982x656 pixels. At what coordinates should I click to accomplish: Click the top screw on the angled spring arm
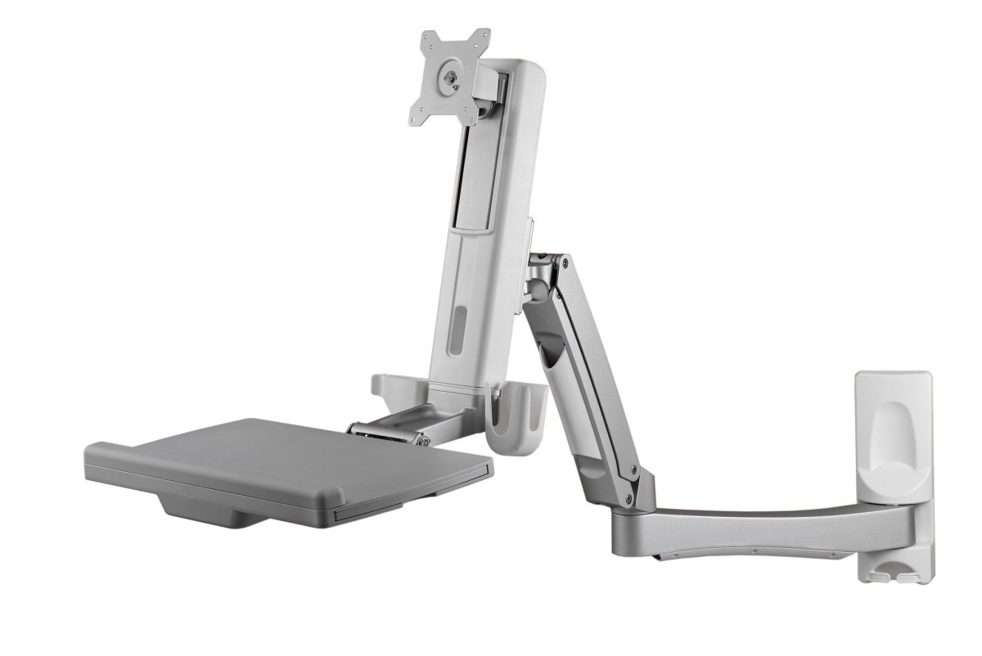564,263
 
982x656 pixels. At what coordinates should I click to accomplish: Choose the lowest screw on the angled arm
628,496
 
